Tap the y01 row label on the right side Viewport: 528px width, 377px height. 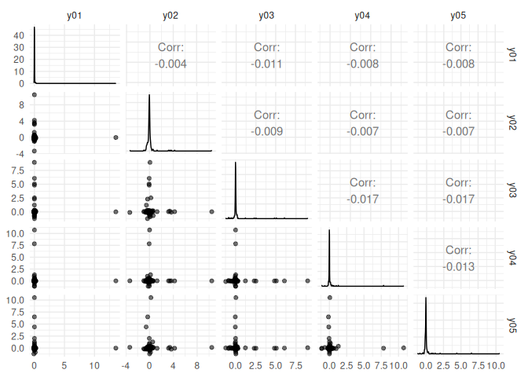point(512,54)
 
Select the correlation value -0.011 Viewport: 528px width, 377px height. point(266,64)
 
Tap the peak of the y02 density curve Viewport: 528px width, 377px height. point(149,95)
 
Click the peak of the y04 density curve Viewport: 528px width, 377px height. point(329,230)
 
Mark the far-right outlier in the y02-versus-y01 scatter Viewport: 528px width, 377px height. point(115,137)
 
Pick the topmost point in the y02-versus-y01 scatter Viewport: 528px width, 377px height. point(35,96)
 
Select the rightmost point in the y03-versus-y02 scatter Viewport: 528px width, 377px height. point(211,211)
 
